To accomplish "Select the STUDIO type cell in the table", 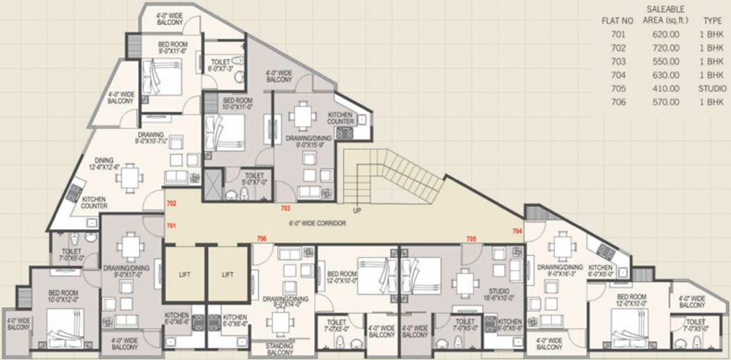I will pyautogui.click(x=712, y=89).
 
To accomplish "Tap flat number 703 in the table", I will pyautogui.click(x=618, y=62).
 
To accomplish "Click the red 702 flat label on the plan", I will pyautogui.click(x=171, y=203).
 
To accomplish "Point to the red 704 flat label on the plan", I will pyautogui.click(x=517, y=231).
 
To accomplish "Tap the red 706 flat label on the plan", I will pyautogui.click(x=262, y=238).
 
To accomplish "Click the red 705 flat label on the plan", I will pyautogui.click(x=471, y=239).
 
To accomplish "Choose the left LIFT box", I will pyautogui.click(x=184, y=275).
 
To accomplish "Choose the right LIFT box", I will pyautogui.click(x=227, y=275).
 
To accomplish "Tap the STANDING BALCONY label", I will pyautogui.click(x=280, y=350).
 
